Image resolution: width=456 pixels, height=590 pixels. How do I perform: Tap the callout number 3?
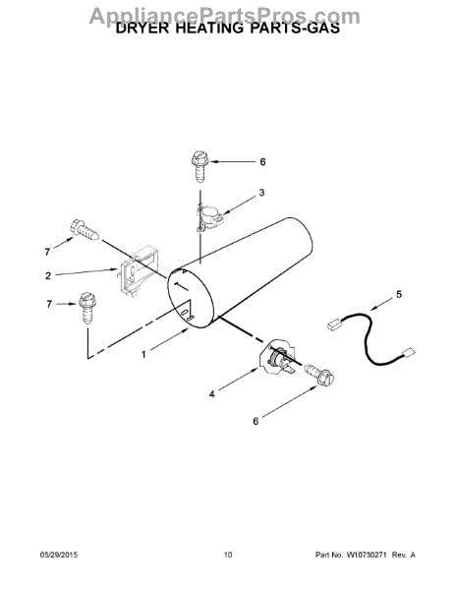(260, 194)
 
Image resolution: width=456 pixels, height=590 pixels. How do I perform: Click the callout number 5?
(398, 294)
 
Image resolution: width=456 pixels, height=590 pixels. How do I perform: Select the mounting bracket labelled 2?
(135, 270)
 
